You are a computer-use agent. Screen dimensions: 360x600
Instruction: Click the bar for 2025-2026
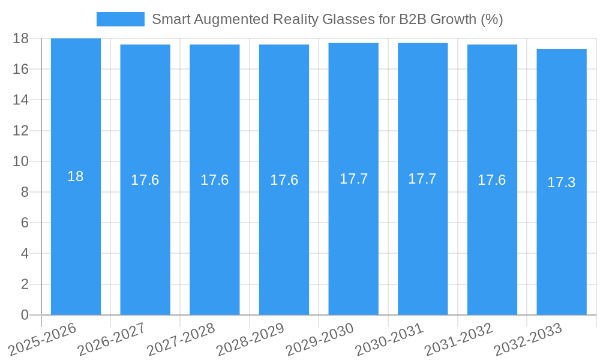(76, 240)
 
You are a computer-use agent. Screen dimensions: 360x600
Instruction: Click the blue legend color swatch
(120, 19)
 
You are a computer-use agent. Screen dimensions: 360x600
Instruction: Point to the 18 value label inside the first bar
(76, 176)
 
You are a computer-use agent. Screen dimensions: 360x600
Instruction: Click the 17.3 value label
(562, 182)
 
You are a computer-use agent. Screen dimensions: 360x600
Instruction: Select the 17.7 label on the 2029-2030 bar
(353, 179)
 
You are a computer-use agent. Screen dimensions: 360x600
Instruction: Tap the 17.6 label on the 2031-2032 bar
(492, 180)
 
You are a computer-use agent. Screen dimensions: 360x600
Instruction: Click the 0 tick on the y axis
(25, 315)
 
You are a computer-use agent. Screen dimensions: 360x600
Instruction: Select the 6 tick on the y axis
(25, 223)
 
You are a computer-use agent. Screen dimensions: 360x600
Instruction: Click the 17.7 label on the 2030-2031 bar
(422, 179)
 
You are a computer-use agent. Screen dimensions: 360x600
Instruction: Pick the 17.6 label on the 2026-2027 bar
(145, 180)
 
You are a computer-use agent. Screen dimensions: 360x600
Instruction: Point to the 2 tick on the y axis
(25, 284)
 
